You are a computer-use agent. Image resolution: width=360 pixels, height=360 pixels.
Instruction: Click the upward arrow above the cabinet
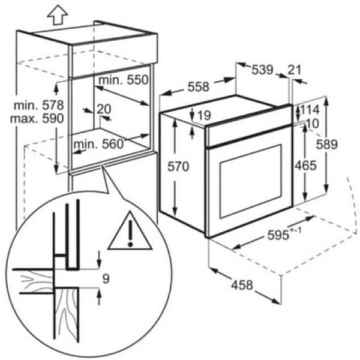[58, 16]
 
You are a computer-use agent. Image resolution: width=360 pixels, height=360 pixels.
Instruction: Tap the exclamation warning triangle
[130, 231]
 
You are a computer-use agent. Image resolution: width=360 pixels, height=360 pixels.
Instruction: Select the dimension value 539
[263, 70]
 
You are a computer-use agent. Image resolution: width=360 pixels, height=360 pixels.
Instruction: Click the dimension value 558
[199, 87]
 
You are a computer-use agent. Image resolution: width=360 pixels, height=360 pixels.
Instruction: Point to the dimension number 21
[294, 70]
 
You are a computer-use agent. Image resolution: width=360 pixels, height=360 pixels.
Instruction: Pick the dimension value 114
[310, 110]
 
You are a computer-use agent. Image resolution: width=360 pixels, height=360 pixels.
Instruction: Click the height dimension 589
[327, 145]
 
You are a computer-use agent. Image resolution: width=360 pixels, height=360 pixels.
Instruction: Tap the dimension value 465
[306, 166]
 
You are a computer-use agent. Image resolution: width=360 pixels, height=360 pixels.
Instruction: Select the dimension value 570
[178, 166]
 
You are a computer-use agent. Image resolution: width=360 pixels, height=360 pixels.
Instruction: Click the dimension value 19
[204, 115]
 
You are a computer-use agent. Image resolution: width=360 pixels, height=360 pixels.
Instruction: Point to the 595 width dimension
[284, 234]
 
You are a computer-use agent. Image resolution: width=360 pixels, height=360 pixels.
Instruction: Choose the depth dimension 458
[242, 285]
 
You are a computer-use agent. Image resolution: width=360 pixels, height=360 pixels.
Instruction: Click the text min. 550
[124, 80]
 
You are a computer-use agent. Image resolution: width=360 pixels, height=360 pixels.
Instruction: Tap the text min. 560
[98, 144]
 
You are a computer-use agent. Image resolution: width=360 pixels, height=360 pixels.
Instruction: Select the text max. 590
[37, 119]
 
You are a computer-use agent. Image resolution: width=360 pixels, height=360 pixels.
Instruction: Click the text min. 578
[39, 106]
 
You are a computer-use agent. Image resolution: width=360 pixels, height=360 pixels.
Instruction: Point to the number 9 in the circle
[106, 279]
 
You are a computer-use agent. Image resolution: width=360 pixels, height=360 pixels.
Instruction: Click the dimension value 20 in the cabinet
[104, 109]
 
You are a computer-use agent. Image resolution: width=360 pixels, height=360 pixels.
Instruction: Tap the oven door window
[251, 181]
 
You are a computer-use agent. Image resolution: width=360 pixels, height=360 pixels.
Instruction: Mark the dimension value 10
[312, 124]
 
